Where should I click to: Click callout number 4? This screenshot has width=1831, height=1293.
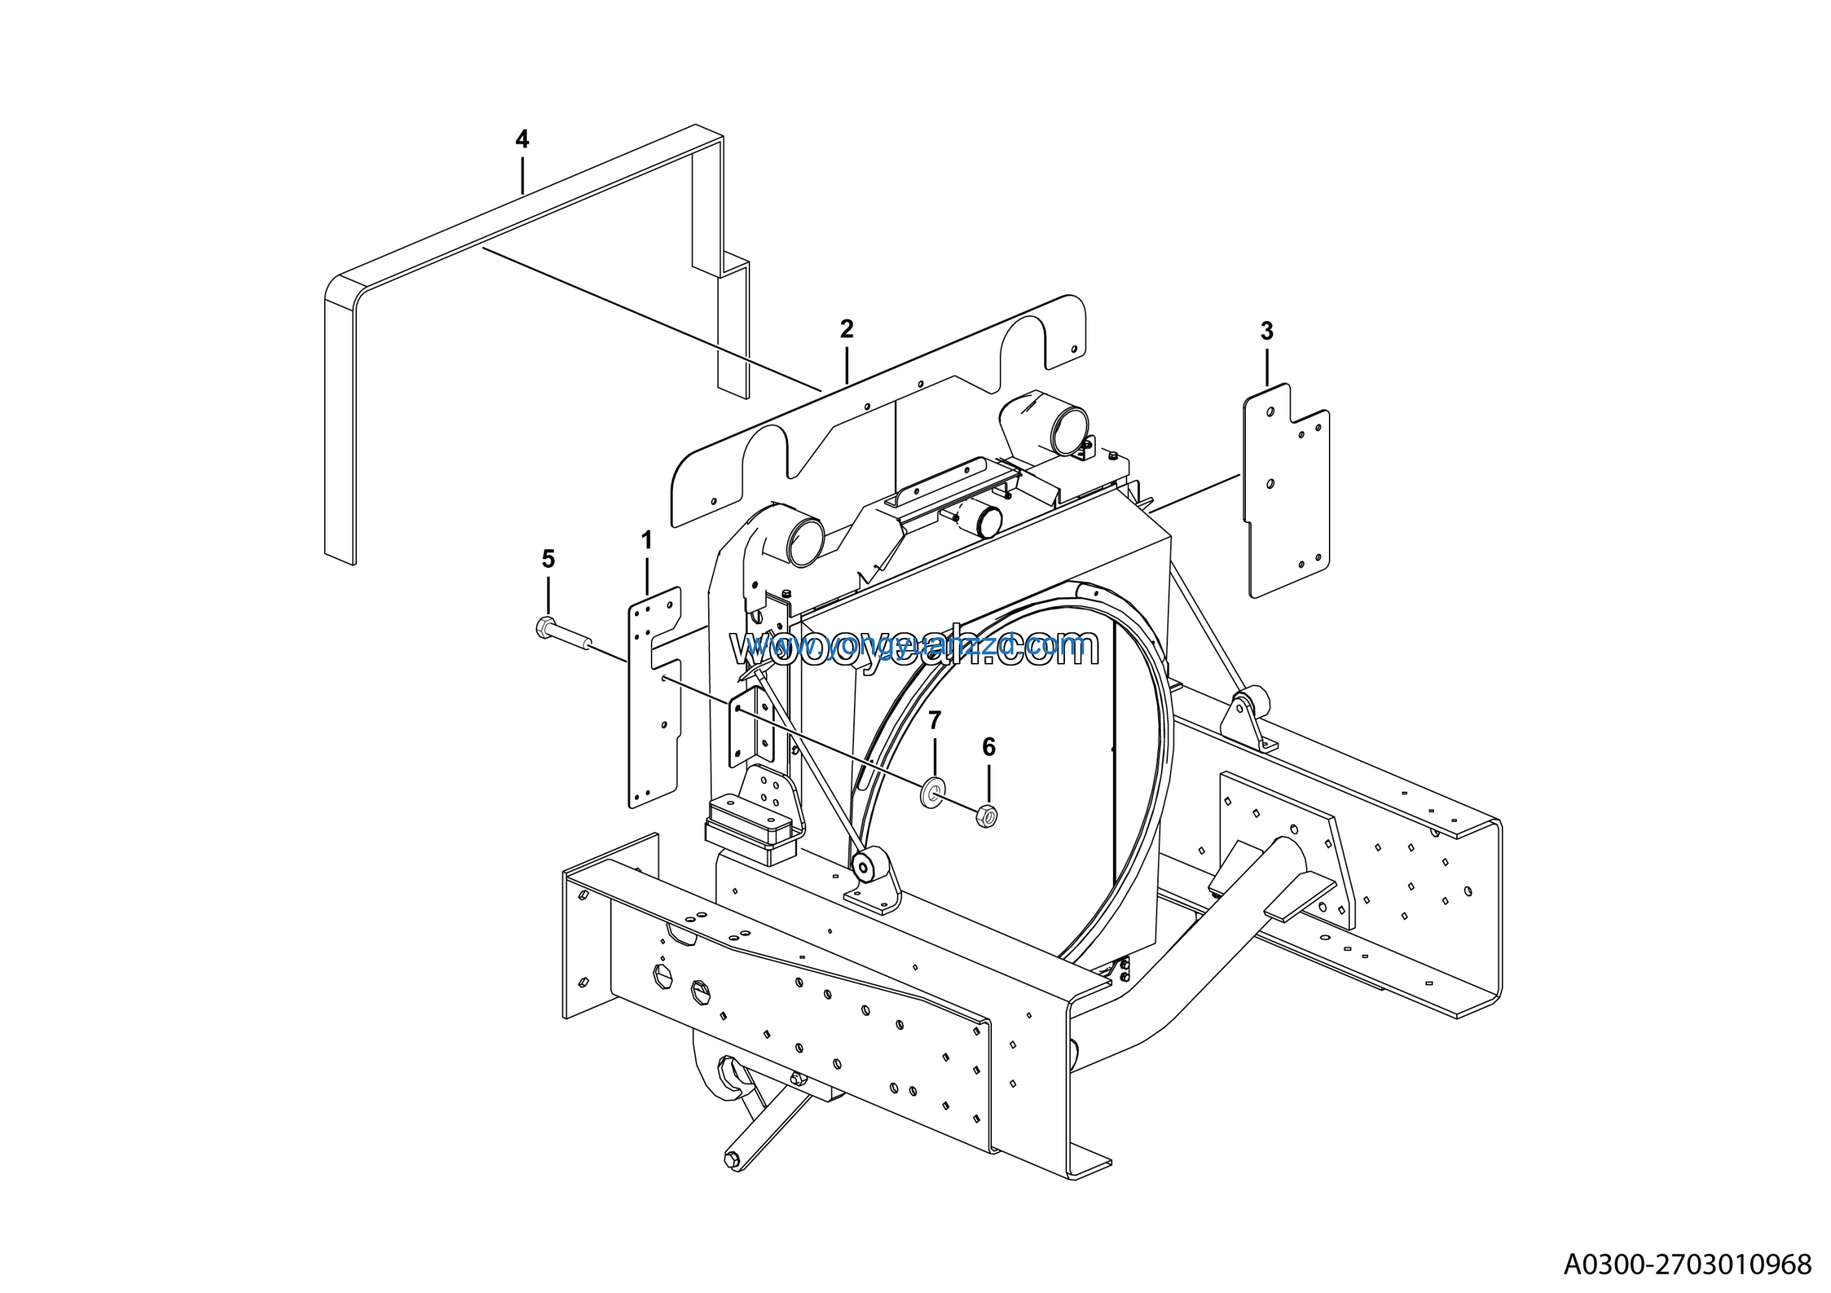pyautogui.click(x=521, y=139)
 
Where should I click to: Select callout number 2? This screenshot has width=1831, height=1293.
pyautogui.click(x=846, y=328)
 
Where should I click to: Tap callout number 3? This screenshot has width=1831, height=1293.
pyautogui.click(x=1267, y=331)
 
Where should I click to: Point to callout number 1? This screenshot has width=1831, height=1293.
pyautogui.click(x=646, y=541)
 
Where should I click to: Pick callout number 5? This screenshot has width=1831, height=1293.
pyautogui.click(x=548, y=559)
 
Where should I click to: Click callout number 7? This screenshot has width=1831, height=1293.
pyautogui.click(x=935, y=720)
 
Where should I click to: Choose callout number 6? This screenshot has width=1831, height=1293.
pyautogui.click(x=989, y=747)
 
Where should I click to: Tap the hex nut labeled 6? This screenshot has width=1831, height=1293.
pyautogui.click(x=986, y=816)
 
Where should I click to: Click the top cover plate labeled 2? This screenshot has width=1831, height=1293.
pyautogui.click(x=877, y=415)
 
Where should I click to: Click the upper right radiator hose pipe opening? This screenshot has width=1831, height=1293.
pyautogui.click(x=1069, y=431)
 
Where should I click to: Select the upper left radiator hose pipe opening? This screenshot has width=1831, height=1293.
pyautogui.click(x=805, y=541)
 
